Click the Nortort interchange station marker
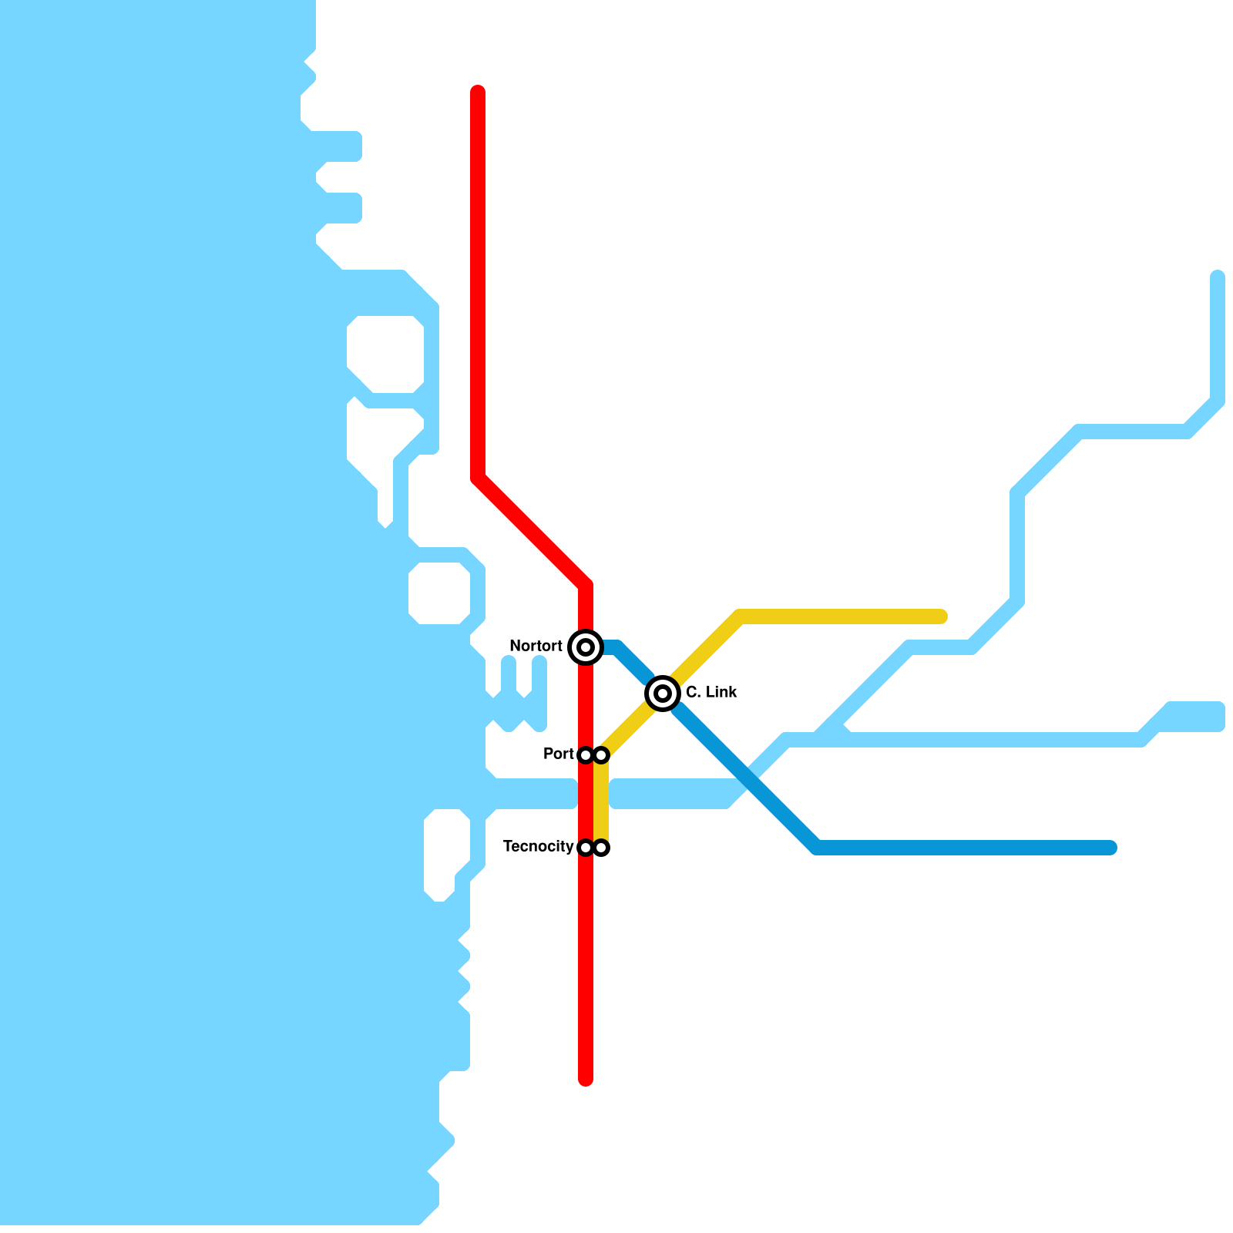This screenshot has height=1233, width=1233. coord(586,647)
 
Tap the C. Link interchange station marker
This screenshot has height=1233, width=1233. coord(663,694)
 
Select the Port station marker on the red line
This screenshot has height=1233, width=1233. coord(586,755)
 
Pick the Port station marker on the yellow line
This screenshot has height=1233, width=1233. coord(601,755)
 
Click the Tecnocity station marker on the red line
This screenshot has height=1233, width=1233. coord(586,848)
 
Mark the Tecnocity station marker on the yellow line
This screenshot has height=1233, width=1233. coord(601,848)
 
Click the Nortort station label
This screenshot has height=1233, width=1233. coord(536,646)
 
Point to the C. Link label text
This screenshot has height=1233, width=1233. coord(711,692)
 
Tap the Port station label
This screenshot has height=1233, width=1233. coord(559,754)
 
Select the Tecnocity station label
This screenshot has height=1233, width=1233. coord(538,846)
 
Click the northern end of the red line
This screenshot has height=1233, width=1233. coord(478,92)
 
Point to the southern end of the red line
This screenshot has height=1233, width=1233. coord(586,1079)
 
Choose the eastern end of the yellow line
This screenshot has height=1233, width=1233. coord(940,616)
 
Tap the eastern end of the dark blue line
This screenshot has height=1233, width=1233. coord(1110,848)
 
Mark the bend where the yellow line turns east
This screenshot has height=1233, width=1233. coord(740,616)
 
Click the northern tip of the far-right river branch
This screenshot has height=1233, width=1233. coord(1218,277)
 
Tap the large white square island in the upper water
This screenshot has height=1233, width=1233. coord(385,354)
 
